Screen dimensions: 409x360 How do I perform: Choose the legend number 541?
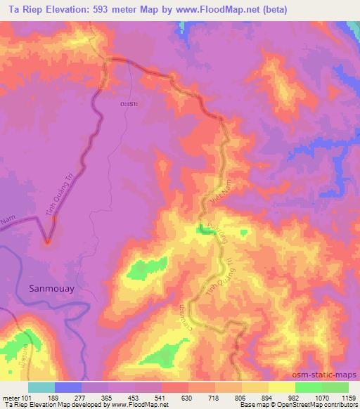tap(162, 398)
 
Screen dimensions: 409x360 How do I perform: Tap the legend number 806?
tap(241, 398)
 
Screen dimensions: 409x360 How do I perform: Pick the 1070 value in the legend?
tap(321, 398)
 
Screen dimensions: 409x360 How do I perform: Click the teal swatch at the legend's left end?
tap(41, 387)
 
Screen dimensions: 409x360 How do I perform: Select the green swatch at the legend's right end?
tap(335, 387)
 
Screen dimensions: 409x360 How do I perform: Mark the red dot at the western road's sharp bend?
tap(47, 242)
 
